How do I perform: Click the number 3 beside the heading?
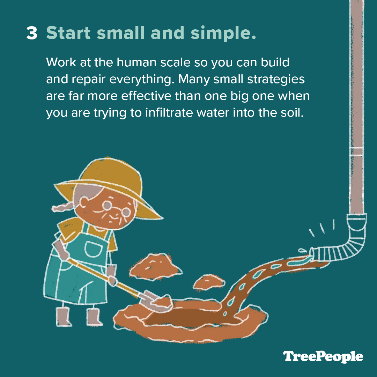(x=32, y=33)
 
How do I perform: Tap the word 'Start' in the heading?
(x=68, y=32)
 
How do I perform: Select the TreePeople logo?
(x=323, y=357)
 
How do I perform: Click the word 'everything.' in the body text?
(x=142, y=80)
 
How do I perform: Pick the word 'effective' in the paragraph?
(x=146, y=96)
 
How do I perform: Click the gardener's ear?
(x=83, y=202)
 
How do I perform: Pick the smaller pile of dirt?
(x=209, y=282)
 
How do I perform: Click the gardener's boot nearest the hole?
(x=94, y=317)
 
